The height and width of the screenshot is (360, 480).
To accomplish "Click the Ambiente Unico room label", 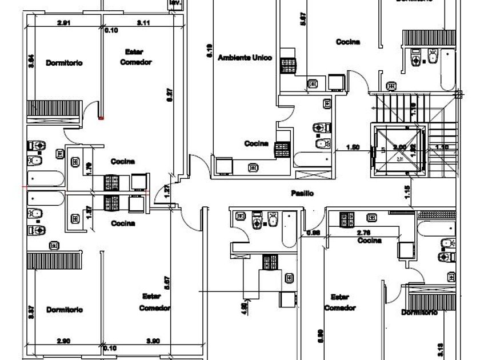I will point(245,58).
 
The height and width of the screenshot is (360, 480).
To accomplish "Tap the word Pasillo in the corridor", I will point(302,194).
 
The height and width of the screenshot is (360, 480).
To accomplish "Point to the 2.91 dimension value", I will point(64,23).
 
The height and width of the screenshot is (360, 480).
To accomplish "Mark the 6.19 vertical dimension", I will point(210,52).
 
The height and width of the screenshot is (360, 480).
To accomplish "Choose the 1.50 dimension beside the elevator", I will point(353,147).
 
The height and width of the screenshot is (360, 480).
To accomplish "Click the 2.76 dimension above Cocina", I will point(364,233).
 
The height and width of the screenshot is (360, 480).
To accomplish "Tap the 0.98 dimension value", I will point(313,233).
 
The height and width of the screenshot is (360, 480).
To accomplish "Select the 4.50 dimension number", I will point(245,307).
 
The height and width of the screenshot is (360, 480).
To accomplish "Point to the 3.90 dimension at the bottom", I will point(153,341).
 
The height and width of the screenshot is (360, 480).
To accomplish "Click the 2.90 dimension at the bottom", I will point(64,341).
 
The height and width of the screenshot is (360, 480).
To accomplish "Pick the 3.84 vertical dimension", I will point(32,62).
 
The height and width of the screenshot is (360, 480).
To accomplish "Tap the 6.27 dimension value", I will point(170,95).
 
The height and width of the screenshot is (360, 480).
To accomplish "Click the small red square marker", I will point(101,118).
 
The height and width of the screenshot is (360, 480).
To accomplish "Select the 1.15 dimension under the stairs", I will point(408,193).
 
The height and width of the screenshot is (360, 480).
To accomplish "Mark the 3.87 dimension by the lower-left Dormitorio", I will point(32,311).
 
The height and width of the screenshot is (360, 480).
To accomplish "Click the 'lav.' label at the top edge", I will point(175,3).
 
